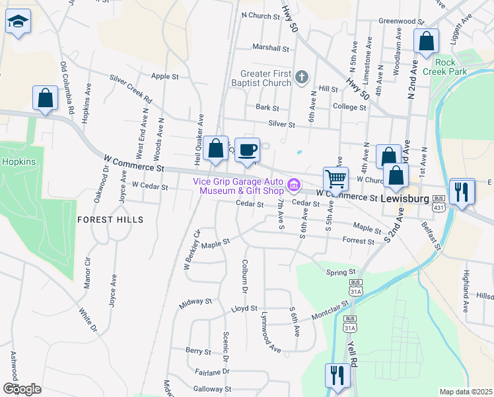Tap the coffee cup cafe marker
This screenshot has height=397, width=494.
point(247,150)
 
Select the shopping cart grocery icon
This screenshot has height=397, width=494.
point(335,179)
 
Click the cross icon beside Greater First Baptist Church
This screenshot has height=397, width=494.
point(301,77)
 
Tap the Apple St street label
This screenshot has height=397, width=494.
point(165,77)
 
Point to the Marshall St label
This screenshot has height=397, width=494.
point(271,48)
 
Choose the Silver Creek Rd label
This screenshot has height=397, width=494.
point(131,89)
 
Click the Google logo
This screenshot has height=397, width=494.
point(22,388)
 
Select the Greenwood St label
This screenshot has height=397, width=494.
point(400,21)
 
